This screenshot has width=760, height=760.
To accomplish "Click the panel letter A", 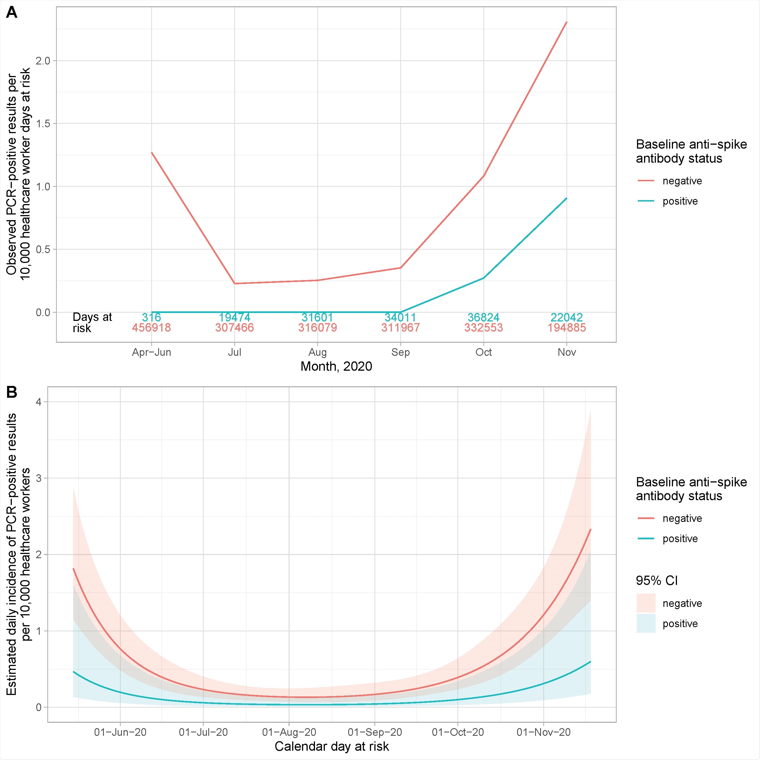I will (12, 13).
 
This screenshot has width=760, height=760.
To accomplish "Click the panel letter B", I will (12, 392).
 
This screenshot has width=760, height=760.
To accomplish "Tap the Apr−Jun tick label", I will (151, 352).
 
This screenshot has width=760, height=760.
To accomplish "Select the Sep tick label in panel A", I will (401, 352).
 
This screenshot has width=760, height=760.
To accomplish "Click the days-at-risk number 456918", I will (151, 328).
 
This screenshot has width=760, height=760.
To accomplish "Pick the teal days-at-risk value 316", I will (151, 317).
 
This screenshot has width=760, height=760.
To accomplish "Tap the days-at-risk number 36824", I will (484, 317).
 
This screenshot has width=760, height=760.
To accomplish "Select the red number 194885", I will (566, 328).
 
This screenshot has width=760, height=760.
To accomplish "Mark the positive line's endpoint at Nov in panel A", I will (566, 198).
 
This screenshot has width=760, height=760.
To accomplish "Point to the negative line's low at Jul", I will (235, 283).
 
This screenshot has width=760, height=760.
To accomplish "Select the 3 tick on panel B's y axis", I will (38, 478).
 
